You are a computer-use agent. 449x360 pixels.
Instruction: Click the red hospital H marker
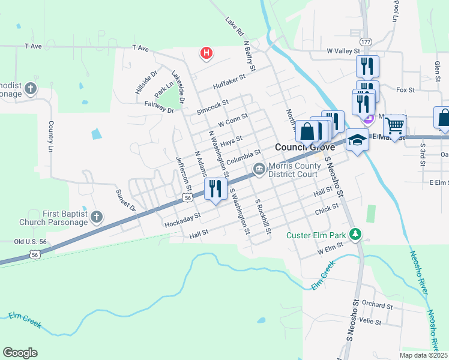pyautogui.click(x=206, y=53)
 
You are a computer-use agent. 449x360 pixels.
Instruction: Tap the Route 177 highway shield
pyautogui.click(x=366, y=41)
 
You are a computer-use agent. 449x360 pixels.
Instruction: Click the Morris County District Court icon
pyautogui.click(x=259, y=170)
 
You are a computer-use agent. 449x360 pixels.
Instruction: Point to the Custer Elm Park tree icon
pyautogui.click(x=357, y=233)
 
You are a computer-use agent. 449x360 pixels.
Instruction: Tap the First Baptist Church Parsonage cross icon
pyautogui.click(x=97, y=217)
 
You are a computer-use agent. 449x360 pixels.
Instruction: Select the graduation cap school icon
pyautogui.click(x=357, y=139)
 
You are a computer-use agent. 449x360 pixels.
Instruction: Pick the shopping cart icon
pyautogui.click(x=395, y=125)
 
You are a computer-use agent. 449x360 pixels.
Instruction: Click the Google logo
pyautogui.click(x=20, y=353)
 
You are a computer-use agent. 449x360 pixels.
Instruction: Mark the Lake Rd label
pyautogui.click(x=234, y=26)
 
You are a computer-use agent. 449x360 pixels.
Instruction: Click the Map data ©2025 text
pyautogui.click(x=423, y=355)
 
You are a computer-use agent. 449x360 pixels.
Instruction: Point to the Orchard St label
pyautogui.click(x=377, y=305)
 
